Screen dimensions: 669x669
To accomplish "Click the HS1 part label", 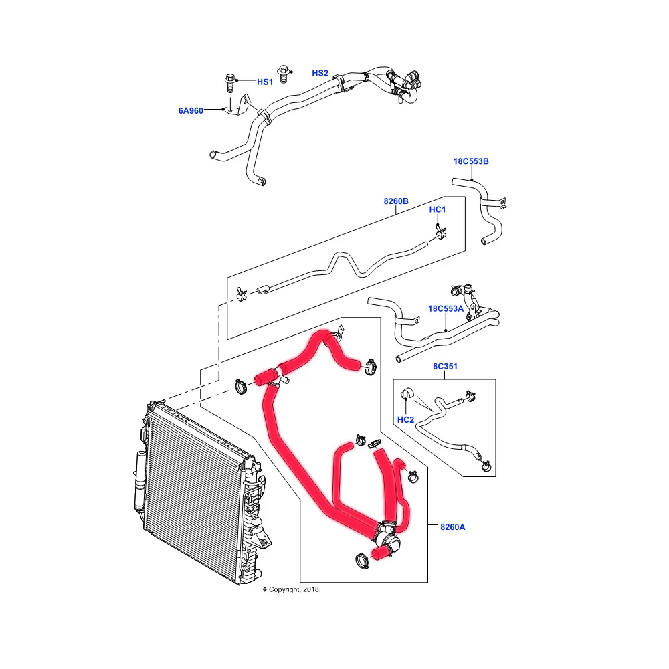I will click(265, 82).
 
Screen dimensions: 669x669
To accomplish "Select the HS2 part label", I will click(320, 72).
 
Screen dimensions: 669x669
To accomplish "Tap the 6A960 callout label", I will click(191, 110).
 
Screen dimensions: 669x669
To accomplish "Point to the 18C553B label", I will click(471, 161).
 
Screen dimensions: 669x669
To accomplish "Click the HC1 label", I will click(437, 209).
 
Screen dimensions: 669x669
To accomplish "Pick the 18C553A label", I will click(446, 308).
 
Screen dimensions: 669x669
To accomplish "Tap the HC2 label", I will click(405, 420).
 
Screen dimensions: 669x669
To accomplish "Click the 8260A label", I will click(452, 527).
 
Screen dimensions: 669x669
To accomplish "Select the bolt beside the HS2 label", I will click(284, 72).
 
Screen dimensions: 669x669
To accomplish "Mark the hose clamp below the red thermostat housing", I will click(359, 559).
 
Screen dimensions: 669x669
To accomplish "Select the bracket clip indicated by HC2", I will click(405, 395).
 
